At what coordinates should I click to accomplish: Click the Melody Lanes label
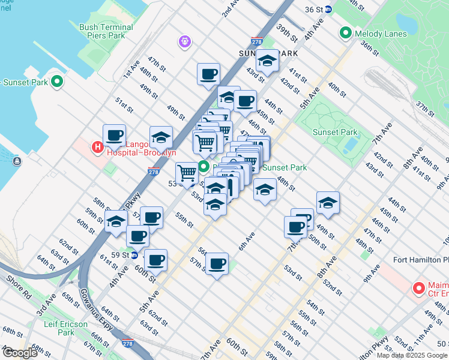click(381, 33)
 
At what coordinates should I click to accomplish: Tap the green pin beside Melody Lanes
click(346, 33)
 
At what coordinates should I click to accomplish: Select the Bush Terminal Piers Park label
click(106, 31)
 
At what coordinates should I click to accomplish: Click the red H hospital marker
click(96, 147)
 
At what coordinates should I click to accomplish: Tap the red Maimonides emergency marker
click(418, 289)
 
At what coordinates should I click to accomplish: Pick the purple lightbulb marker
click(184, 41)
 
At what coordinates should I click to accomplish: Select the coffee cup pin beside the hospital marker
click(114, 136)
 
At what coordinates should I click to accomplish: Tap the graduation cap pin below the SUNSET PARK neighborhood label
click(268, 61)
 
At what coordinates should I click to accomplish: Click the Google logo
click(20, 353)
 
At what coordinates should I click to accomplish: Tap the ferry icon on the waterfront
click(16, 161)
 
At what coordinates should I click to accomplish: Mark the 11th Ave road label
click(424, 331)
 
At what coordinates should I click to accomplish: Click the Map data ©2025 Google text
click(411, 355)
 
